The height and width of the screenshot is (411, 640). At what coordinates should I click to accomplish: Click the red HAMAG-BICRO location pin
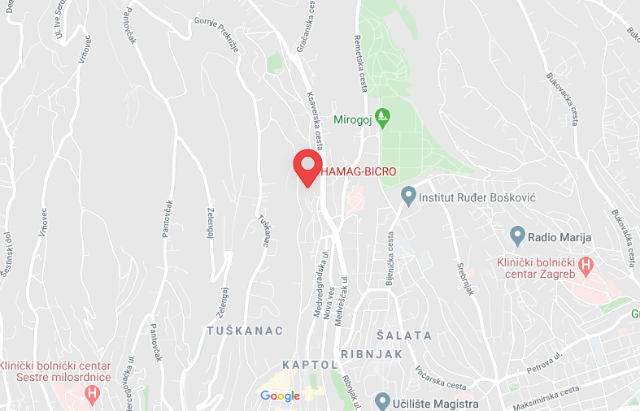tap(307, 166)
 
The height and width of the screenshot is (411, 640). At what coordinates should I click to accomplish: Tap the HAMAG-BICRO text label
tap(359, 171)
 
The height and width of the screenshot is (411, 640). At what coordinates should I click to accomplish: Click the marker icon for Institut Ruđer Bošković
tap(408, 196)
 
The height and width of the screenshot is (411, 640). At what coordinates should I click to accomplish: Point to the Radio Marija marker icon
tap(516, 237)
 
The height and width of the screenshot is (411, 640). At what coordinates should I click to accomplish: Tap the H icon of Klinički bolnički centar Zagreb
tap(589, 264)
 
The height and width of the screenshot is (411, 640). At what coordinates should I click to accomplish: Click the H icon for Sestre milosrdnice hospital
tap(93, 395)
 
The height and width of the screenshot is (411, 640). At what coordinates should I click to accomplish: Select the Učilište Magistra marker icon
tap(382, 400)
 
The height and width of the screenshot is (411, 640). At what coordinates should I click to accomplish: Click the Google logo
tap(280, 396)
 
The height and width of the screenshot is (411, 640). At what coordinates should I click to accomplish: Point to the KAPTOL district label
tap(307, 364)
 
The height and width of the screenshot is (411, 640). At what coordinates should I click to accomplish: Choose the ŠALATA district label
tap(405, 335)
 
